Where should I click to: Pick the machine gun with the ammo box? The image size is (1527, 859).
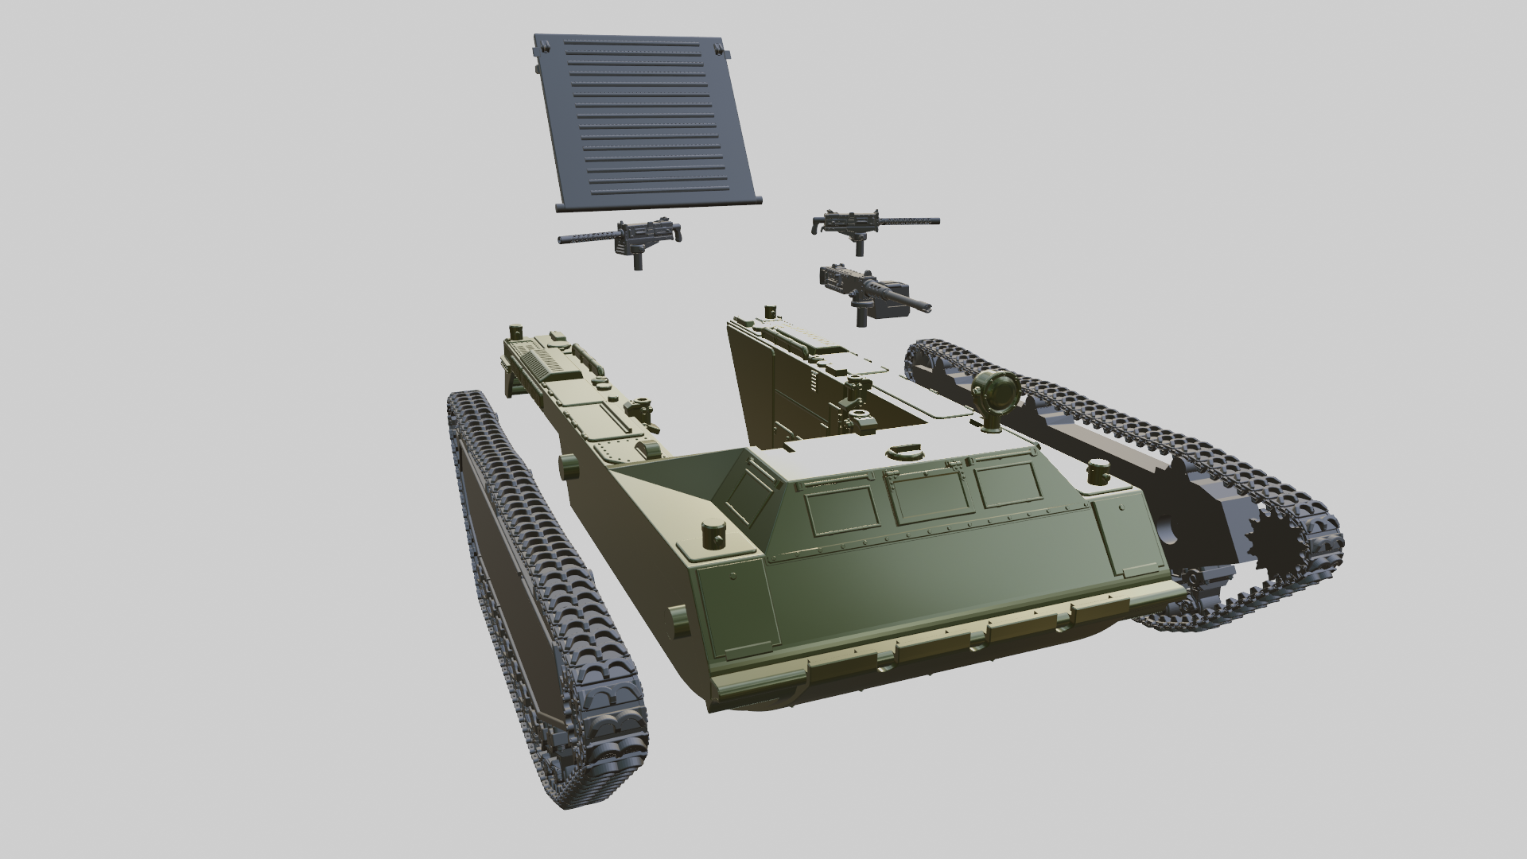pyautogui.click(x=867, y=290)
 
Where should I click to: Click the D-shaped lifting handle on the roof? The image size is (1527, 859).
pyautogui.click(x=905, y=451)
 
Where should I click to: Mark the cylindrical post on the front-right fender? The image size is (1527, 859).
pyautogui.click(x=1099, y=472)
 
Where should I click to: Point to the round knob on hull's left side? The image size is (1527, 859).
pyautogui.click(x=567, y=466)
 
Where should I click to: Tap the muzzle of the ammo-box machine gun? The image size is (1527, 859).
pyautogui.click(x=926, y=306)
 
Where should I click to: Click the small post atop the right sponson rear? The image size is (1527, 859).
pyautogui.click(x=769, y=310)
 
